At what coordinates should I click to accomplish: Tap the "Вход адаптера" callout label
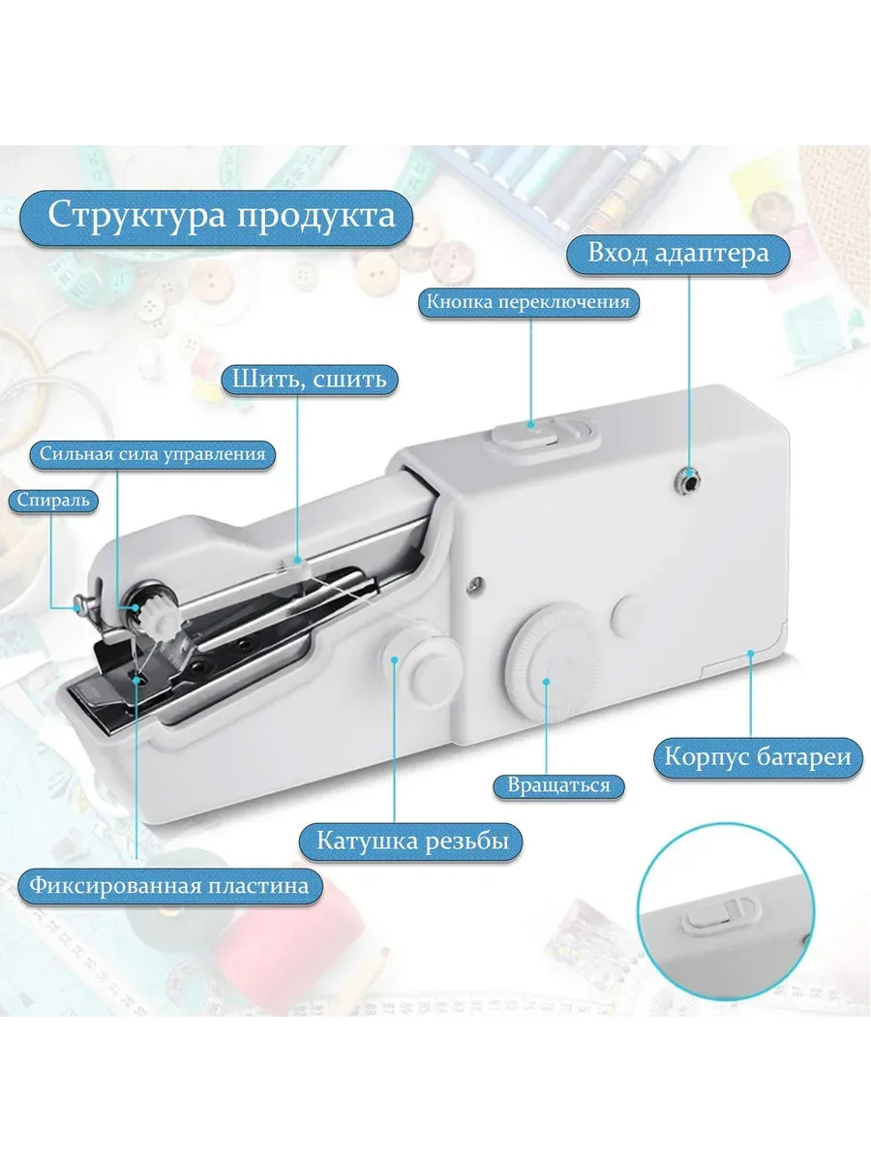(x=678, y=254)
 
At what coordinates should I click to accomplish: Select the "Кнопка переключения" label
(x=528, y=303)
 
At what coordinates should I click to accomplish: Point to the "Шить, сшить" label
(x=310, y=380)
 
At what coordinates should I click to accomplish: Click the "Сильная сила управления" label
(x=152, y=455)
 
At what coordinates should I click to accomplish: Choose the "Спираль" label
(x=53, y=500)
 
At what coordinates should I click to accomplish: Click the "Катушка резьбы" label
(x=412, y=841)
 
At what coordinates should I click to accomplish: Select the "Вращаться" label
(x=559, y=785)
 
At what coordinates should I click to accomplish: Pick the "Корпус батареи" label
(x=758, y=757)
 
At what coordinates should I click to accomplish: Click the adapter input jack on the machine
(x=687, y=481)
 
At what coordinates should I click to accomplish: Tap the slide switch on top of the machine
(x=542, y=437)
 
